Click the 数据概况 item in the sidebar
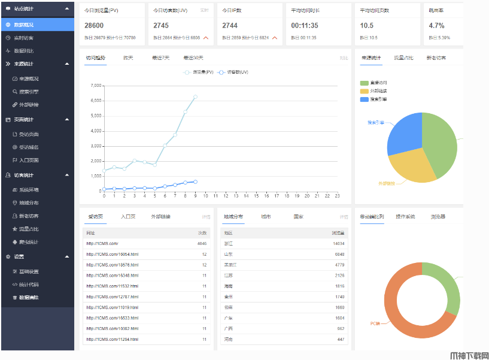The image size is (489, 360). (x=24, y=25)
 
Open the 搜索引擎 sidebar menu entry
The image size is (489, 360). (x=29, y=92)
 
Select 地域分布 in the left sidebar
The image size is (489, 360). (x=29, y=202)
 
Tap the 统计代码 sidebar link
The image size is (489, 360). (x=29, y=285)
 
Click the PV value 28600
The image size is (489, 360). (x=94, y=26)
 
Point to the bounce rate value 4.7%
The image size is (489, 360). (x=437, y=26)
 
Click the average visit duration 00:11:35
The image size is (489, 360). (x=305, y=26)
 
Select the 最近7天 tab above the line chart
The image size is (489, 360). (x=160, y=58)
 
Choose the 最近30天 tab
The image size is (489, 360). (x=193, y=58)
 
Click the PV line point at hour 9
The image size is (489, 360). (x=195, y=96)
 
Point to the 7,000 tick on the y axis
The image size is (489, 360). (x=96, y=86)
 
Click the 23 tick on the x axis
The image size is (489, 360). (x=337, y=196)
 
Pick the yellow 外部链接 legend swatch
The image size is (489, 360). (x=364, y=91)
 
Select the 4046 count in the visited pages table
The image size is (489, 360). (x=202, y=244)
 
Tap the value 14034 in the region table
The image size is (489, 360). (x=338, y=244)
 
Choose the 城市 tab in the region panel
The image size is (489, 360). (x=266, y=216)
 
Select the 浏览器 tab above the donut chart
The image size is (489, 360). (x=438, y=216)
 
